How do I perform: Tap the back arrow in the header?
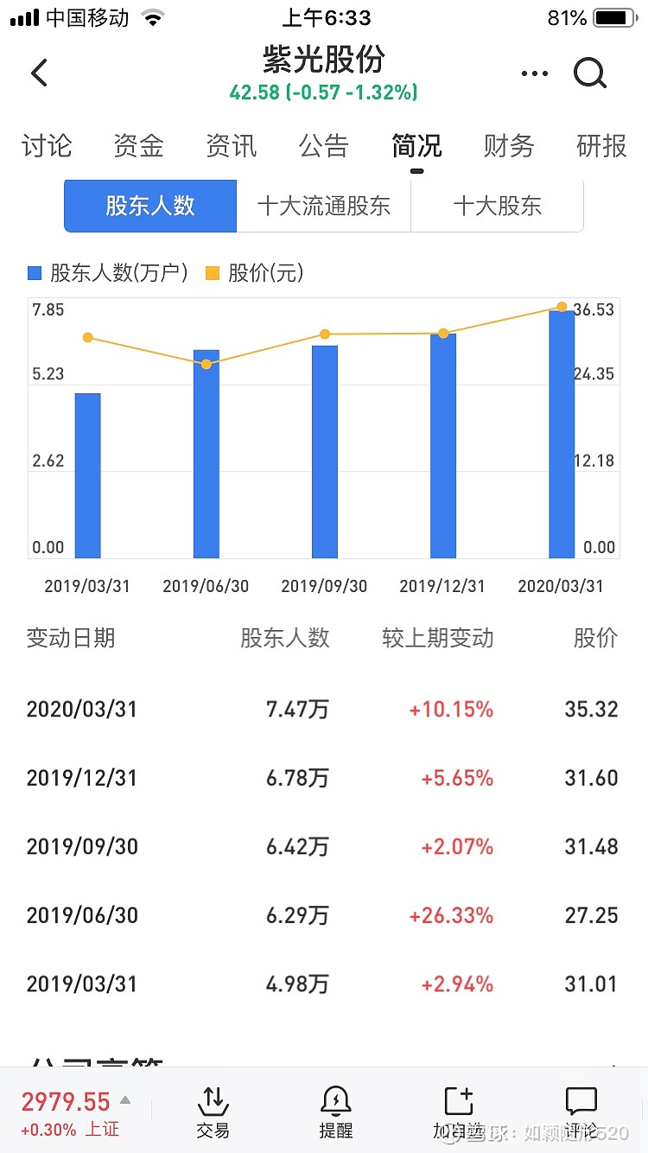coord(40,73)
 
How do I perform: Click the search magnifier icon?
coord(590,74)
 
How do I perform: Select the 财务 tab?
coord(509,146)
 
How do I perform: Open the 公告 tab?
coord(323,146)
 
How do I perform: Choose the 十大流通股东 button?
coord(324,206)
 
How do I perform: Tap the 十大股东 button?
coord(498,206)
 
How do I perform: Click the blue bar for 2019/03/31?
coord(87,475)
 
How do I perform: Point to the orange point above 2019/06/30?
coord(206,364)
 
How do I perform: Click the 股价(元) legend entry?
coord(255,273)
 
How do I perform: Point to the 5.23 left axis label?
coord(48,373)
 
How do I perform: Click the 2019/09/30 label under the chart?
coord(324,586)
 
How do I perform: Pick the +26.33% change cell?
coord(451,915)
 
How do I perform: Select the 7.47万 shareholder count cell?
coord(297,710)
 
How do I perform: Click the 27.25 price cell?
coord(591,915)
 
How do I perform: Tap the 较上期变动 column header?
coord(437,639)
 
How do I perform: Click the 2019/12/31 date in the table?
coord(82,778)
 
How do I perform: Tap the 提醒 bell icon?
coord(335,1101)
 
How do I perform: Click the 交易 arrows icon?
coord(213,1101)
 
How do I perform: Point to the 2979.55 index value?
coord(66,1102)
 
